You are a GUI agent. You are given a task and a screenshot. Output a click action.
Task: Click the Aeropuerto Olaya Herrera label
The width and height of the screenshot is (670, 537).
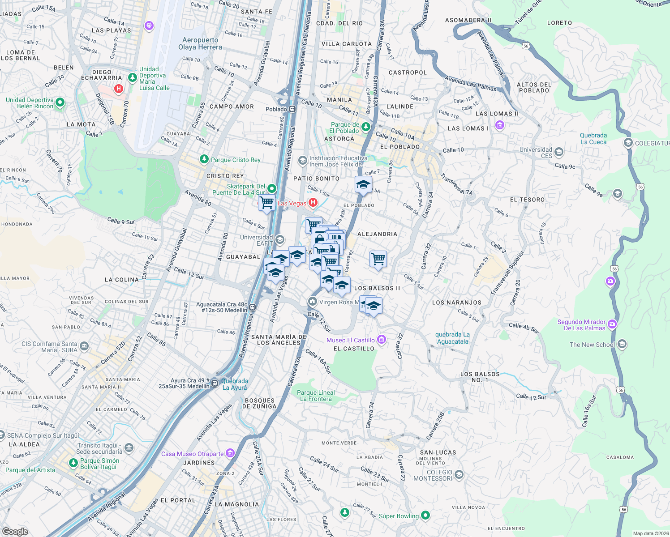click(200, 43)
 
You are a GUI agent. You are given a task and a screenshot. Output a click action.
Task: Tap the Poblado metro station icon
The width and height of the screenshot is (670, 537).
click(292, 109)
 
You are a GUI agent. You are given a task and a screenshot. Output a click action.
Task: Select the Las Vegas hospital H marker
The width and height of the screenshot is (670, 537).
click(313, 203)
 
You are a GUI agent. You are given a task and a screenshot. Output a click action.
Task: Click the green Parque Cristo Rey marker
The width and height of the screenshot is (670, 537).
click(204, 159)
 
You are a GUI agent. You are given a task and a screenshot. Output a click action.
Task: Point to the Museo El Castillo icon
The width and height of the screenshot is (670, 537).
click(381, 340)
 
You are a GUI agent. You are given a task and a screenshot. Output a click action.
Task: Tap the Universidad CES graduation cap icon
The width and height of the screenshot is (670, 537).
click(558, 153)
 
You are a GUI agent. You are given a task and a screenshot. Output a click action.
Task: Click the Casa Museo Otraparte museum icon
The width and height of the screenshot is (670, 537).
click(230, 453)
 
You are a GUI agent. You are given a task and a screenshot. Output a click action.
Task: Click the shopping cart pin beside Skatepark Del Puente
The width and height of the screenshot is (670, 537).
click(267, 203)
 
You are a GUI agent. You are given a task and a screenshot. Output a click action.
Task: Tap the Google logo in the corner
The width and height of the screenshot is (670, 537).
click(15, 531)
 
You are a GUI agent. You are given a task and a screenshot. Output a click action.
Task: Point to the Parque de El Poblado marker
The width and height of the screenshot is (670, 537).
click(366, 127)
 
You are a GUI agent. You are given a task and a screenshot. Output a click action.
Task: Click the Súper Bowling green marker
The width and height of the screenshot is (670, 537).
click(425, 516)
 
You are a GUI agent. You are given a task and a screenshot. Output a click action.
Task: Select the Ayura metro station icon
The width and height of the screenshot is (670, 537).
click(215, 383)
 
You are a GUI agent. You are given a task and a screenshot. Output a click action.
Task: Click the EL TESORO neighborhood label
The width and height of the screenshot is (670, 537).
click(527, 200)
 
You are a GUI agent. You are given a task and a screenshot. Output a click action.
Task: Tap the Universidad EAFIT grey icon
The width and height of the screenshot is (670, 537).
click(280, 240)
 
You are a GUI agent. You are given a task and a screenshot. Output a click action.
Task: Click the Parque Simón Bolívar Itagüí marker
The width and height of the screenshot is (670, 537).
click(73, 463)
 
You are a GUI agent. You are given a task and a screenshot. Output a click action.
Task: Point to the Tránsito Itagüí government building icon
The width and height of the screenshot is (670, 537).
click(129, 447)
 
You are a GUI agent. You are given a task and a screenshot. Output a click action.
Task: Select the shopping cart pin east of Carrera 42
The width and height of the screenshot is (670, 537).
click(378, 259)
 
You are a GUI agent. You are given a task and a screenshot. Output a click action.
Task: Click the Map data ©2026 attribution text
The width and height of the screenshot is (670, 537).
click(649, 533)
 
